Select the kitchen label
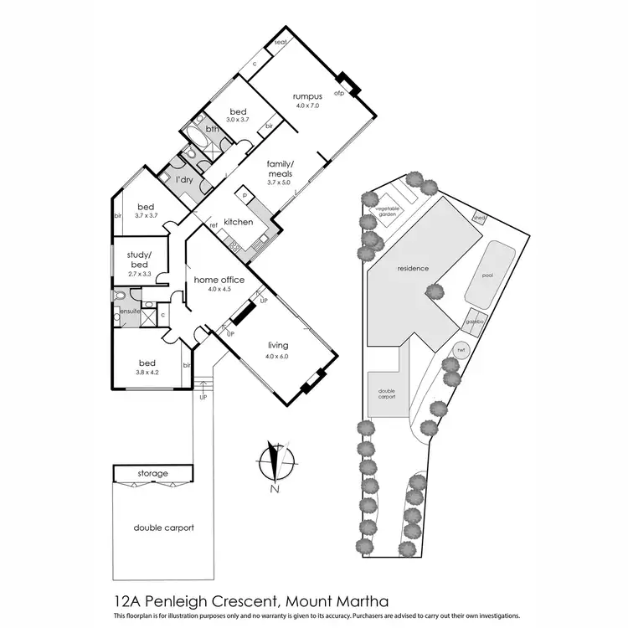pyautogui.click(x=239, y=221)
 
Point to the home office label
pyautogui.click(x=219, y=279)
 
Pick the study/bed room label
pyautogui.click(x=139, y=260)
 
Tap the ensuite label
pyautogui.click(x=129, y=311)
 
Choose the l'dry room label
pyautogui.click(x=185, y=179)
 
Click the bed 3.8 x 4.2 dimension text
pyautogui.click(x=147, y=373)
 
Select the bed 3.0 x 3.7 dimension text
pyautogui.click(x=239, y=120)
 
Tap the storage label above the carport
pyautogui.click(x=152, y=473)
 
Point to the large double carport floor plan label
pyautogui.click(x=164, y=528)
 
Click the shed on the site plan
pyautogui.click(x=479, y=215)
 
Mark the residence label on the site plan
pyautogui.click(x=413, y=269)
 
